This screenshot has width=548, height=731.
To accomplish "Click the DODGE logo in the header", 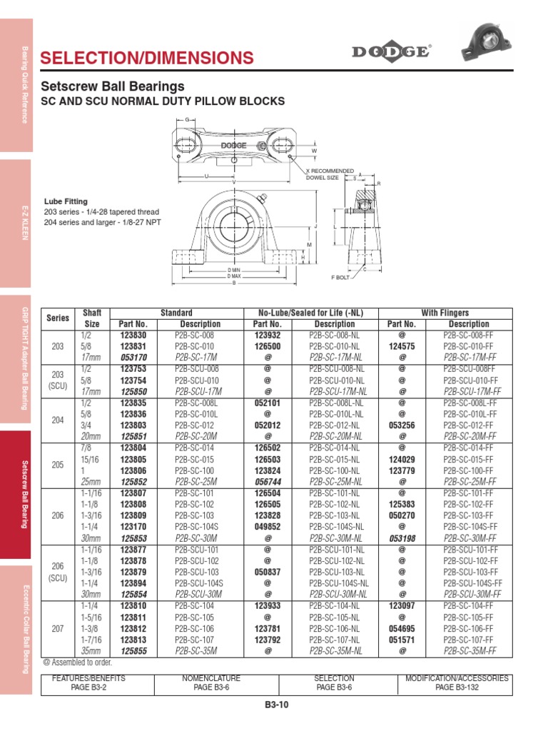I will [390, 52].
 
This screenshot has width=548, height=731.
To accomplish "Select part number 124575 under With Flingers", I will [402, 346].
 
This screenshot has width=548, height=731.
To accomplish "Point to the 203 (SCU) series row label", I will [58, 380].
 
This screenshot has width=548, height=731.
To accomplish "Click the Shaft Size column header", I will [93, 318].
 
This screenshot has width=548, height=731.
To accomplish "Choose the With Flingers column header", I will [445, 313].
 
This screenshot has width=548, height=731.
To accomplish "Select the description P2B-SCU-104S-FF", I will [469, 583].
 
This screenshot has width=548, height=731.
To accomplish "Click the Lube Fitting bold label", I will [66, 202].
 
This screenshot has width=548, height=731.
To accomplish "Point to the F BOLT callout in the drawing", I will [340, 277].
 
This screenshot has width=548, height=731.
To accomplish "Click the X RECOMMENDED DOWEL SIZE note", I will [330, 174].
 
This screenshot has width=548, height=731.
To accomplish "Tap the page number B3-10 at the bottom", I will [276, 705].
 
